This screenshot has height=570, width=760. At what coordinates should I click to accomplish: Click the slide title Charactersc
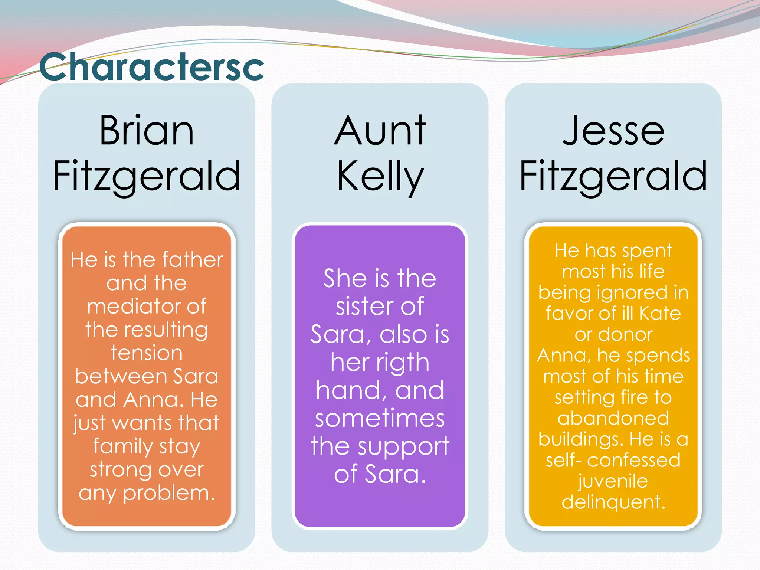point(151,67)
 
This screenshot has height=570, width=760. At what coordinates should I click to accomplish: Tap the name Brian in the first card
point(147,131)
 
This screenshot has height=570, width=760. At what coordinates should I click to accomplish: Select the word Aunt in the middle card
point(380,131)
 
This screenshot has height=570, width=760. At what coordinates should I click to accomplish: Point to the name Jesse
point(613,131)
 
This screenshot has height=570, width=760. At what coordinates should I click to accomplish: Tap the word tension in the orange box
point(147,353)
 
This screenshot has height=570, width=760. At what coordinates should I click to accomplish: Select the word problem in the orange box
point(169,494)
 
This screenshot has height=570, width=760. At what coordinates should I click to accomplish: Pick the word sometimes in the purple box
point(380,418)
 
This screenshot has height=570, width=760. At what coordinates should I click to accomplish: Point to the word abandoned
point(613,418)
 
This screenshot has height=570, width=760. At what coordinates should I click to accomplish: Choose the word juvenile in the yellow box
point(613,481)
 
